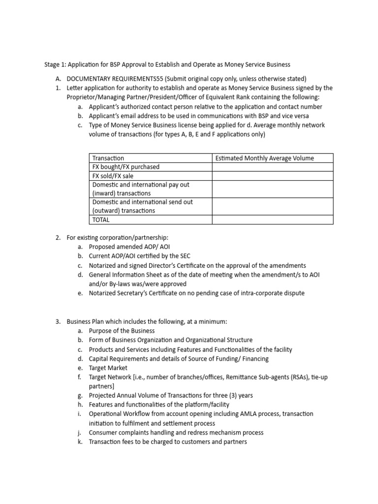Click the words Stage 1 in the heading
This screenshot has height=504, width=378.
click(55, 64)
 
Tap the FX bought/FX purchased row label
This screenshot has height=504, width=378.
click(126, 167)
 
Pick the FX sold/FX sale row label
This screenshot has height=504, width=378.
click(113, 176)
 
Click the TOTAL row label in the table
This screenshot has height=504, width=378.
click(101, 220)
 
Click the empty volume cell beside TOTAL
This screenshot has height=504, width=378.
click(272, 220)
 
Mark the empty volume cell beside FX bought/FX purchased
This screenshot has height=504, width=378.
click(272, 167)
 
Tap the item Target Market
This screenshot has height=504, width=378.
click(108, 368)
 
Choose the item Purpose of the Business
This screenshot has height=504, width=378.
click(122, 331)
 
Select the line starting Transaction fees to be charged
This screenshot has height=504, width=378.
click(167, 442)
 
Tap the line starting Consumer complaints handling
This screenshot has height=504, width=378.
click(176, 433)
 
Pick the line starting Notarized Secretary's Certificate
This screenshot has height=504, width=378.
click(196, 293)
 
